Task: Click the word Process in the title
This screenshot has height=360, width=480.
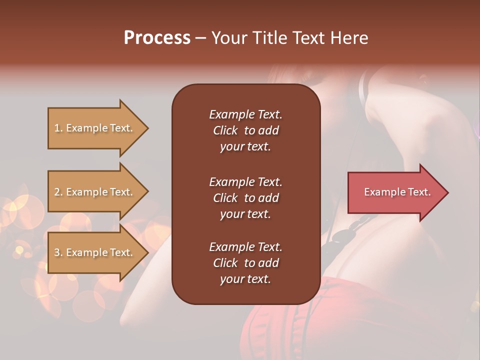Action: click(x=157, y=38)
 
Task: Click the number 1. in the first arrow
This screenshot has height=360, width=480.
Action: click(x=58, y=128)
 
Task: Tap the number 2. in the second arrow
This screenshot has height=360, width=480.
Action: click(x=58, y=192)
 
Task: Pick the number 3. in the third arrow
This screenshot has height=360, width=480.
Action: click(x=58, y=252)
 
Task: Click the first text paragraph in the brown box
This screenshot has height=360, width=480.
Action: click(x=245, y=130)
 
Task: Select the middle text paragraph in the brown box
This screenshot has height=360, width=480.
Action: click(x=245, y=197)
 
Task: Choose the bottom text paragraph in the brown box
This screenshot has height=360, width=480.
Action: click(x=245, y=263)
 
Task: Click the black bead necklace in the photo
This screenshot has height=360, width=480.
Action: click(x=343, y=235)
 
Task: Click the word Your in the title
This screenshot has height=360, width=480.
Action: click(x=227, y=38)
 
